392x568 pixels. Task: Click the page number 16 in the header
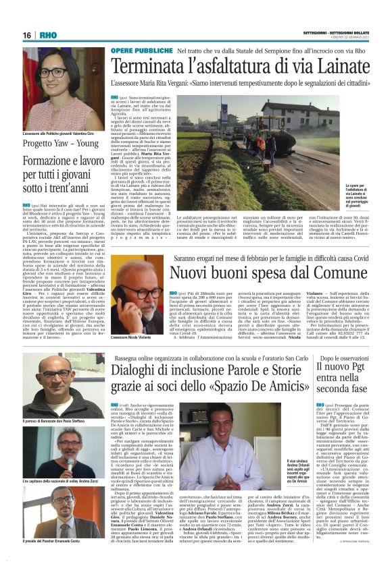tap(27, 34)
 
